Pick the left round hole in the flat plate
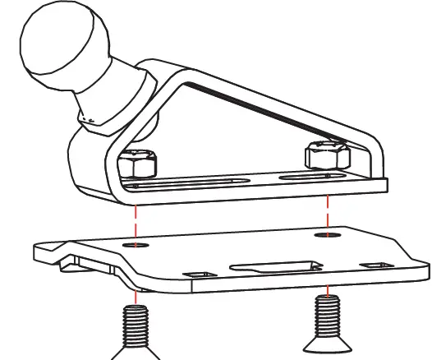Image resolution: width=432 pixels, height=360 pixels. click(136, 244)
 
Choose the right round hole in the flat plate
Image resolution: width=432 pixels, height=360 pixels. click(328, 236)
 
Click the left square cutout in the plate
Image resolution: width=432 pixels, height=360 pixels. click(197, 274)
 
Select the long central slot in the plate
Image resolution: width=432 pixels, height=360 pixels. click(272, 265)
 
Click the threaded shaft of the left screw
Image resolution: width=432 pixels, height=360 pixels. click(136, 325)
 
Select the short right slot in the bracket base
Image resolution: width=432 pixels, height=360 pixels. click(308, 176)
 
